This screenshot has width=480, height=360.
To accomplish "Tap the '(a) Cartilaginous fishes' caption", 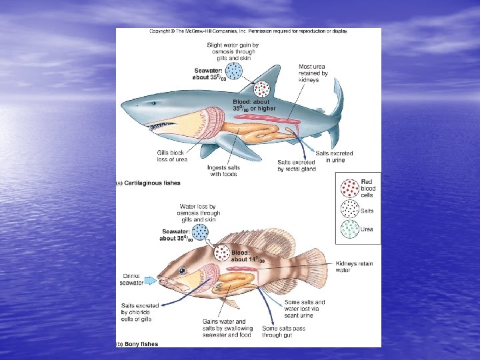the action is (149, 183).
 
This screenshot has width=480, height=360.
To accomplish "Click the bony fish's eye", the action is (182, 272).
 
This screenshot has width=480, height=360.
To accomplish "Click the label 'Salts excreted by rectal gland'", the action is (297, 165).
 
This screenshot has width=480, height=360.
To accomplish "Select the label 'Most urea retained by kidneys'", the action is (313, 74).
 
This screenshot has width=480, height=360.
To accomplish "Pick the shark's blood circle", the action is (261, 89).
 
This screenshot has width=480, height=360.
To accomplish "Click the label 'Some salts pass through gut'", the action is (283, 331).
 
